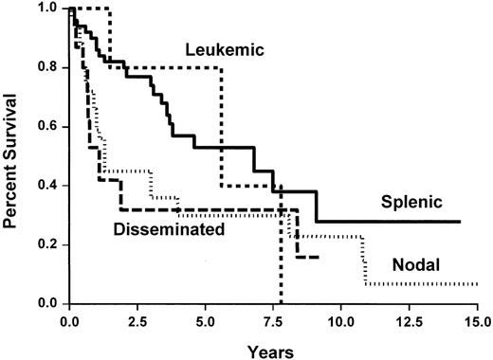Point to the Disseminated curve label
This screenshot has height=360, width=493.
coord(167,228)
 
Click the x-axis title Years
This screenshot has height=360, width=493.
coord(273,348)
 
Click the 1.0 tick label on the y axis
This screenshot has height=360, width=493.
coord(46,9)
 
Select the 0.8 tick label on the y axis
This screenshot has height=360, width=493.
coord(46,68)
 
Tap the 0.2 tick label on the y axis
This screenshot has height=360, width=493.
coord(46,244)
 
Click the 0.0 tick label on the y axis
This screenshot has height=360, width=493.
coord(46,303)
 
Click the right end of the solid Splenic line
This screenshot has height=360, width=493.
coord(460,222)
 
